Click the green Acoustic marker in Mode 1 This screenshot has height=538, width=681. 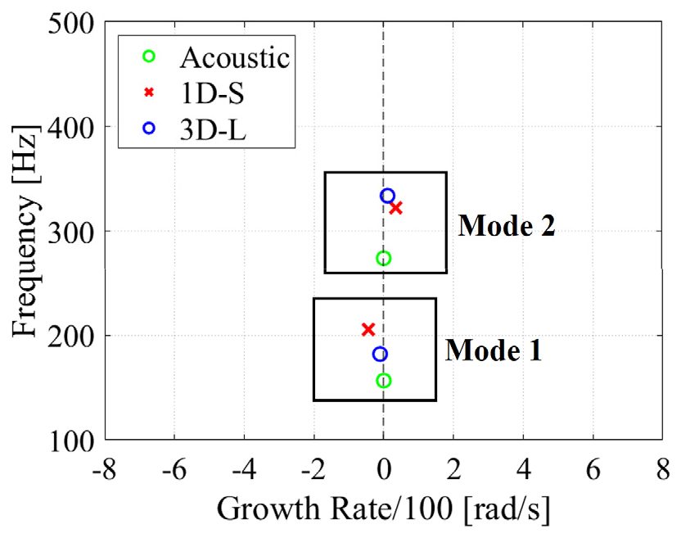pyautogui.click(x=383, y=380)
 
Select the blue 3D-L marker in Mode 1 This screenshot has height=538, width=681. pyautogui.click(x=380, y=354)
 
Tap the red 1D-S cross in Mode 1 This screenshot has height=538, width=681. pyautogui.click(x=368, y=329)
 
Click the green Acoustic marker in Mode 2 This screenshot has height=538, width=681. pyautogui.click(x=383, y=258)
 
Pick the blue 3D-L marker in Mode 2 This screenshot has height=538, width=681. pyautogui.click(x=388, y=196)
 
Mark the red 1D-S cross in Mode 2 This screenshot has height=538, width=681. pyautogui.click(x=396, y=208)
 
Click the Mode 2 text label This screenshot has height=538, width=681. pyautogui.click(x=507, y=225)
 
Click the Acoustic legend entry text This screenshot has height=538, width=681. pyautogui.click(x=235, y=57)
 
